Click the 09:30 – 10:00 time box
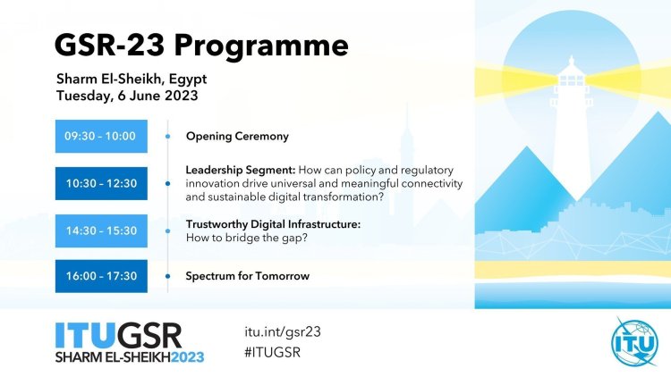click(x=101, y=137)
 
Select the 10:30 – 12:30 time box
click(x=101, y=183)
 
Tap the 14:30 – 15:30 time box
click(x=101, y=230)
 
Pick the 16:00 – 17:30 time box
click(x=101, y=276)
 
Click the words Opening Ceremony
click(x=237, y=137)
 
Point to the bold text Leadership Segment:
click(x=241, y=171)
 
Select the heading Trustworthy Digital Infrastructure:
click(x=273, y=224)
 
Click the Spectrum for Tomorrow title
click(x=247, y=276)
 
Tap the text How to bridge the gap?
click(x=247, y=238)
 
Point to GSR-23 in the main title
click(x=109, y=45)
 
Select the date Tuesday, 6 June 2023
click(x=127, y=96)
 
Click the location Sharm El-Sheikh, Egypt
click(x=132, y=80)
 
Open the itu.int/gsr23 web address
click(x=283, y=332)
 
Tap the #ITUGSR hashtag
click(x=273, y=353)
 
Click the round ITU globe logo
click(x=634, y=342)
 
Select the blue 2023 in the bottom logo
click(x=188, y=357)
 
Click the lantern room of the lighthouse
click(x=572, y=80)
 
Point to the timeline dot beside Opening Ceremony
click(x=168, y=137)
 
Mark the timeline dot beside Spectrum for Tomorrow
click(x=168, y=276)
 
